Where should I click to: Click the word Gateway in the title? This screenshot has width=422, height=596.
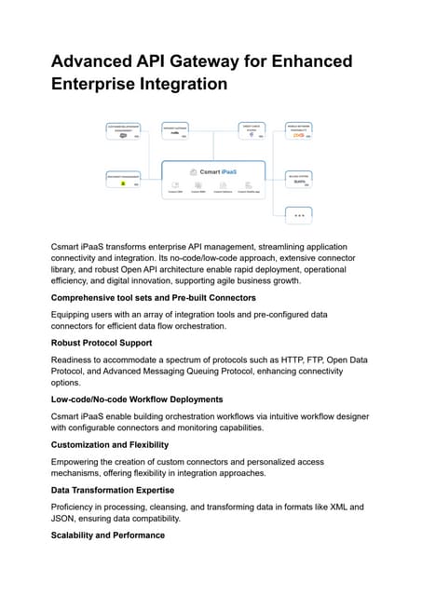216,61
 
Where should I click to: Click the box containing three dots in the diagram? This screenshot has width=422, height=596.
299,214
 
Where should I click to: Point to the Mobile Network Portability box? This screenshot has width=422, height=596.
299,130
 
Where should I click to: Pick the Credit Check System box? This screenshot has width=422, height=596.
252,130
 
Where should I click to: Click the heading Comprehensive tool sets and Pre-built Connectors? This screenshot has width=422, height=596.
153,298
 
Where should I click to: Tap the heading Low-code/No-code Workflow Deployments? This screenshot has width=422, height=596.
137,400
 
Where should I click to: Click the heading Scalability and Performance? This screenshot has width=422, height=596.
107,535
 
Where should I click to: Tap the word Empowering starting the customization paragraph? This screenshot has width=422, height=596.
83,461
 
